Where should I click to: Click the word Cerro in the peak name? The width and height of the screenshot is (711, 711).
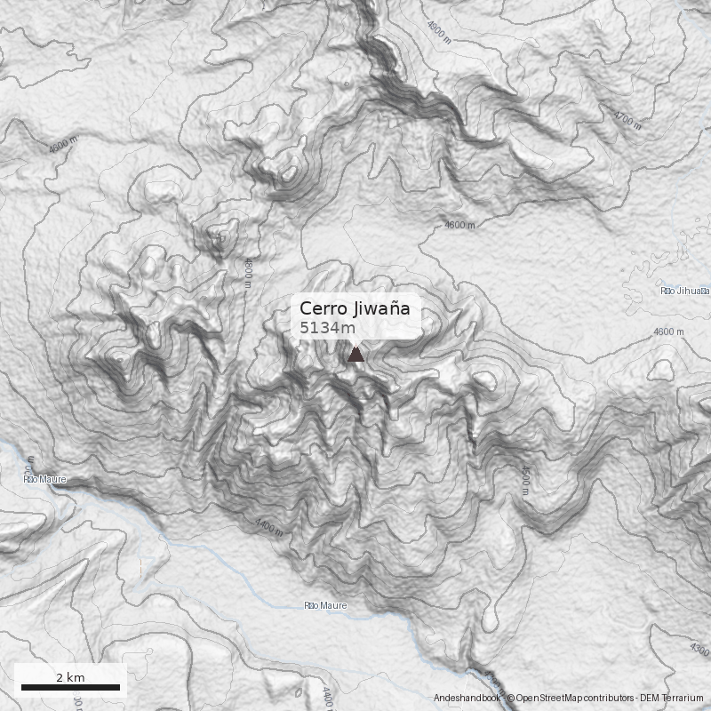coord(320,308)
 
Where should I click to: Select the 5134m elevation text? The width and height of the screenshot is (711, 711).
coord(327,328)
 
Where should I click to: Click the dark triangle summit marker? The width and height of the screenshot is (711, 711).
coord(355,355)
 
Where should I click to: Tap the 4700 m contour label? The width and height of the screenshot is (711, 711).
coord(627,117)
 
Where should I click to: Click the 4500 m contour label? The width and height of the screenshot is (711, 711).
coord(525,480)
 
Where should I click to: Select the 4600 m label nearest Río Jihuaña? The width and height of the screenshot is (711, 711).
coord(668,332)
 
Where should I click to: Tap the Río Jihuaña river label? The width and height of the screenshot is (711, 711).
coord(684,291)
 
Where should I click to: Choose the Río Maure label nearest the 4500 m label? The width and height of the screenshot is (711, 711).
coord(325,606)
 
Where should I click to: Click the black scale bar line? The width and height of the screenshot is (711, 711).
coord(70,687)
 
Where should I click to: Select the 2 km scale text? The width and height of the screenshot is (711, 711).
coord(70,677)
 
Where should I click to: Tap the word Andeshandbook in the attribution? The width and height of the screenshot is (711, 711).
coord(467,699)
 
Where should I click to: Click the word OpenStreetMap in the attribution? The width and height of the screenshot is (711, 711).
coord(548,699)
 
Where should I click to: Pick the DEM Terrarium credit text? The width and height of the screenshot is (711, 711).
coord(674,699)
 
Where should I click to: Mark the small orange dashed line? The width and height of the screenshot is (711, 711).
coord(140,566)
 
